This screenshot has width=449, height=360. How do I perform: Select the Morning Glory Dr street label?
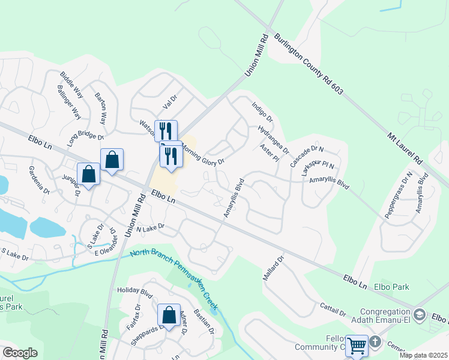(x=203, y=154)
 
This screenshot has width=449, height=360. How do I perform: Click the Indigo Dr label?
(x=262, y=110)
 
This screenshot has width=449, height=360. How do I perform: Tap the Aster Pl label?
(x=269, y=153)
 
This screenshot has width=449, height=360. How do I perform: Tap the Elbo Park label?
(x=391, y=287)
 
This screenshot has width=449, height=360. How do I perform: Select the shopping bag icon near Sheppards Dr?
(x=169, y=315)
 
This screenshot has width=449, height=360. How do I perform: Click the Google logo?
(x=20, y=353)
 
